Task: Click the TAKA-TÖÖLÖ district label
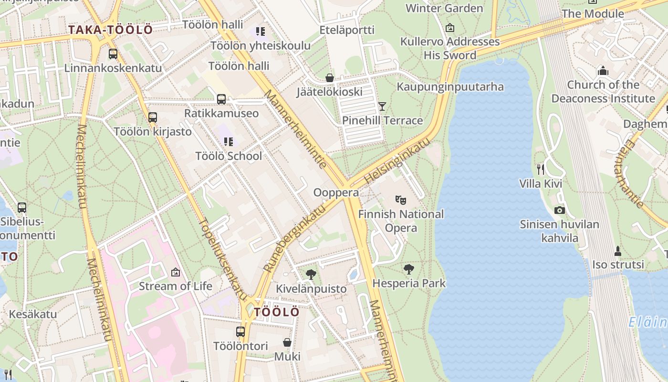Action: click(110, 30)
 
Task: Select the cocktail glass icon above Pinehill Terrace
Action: click(382, 106)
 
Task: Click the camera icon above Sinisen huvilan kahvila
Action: click(560, 210)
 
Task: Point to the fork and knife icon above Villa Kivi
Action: click(541, 169)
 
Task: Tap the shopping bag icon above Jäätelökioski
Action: click(329, 77)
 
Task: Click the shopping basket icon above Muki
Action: click(287, 342)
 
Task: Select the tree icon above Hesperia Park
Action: click(409, 269)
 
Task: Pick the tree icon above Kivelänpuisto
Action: click(311, 274)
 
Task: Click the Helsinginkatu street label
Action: click(397, 161)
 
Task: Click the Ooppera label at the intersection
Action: click(336, 192)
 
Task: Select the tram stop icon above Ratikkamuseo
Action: click(221, 99)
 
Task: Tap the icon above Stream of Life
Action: click(176, 272)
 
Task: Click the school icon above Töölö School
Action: click(229, 142)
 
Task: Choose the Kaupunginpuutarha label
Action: click(450, 86)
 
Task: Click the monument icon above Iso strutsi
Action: click(618, 251)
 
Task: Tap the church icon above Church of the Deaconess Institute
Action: click(603, 71)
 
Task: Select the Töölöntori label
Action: click(240, 346)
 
